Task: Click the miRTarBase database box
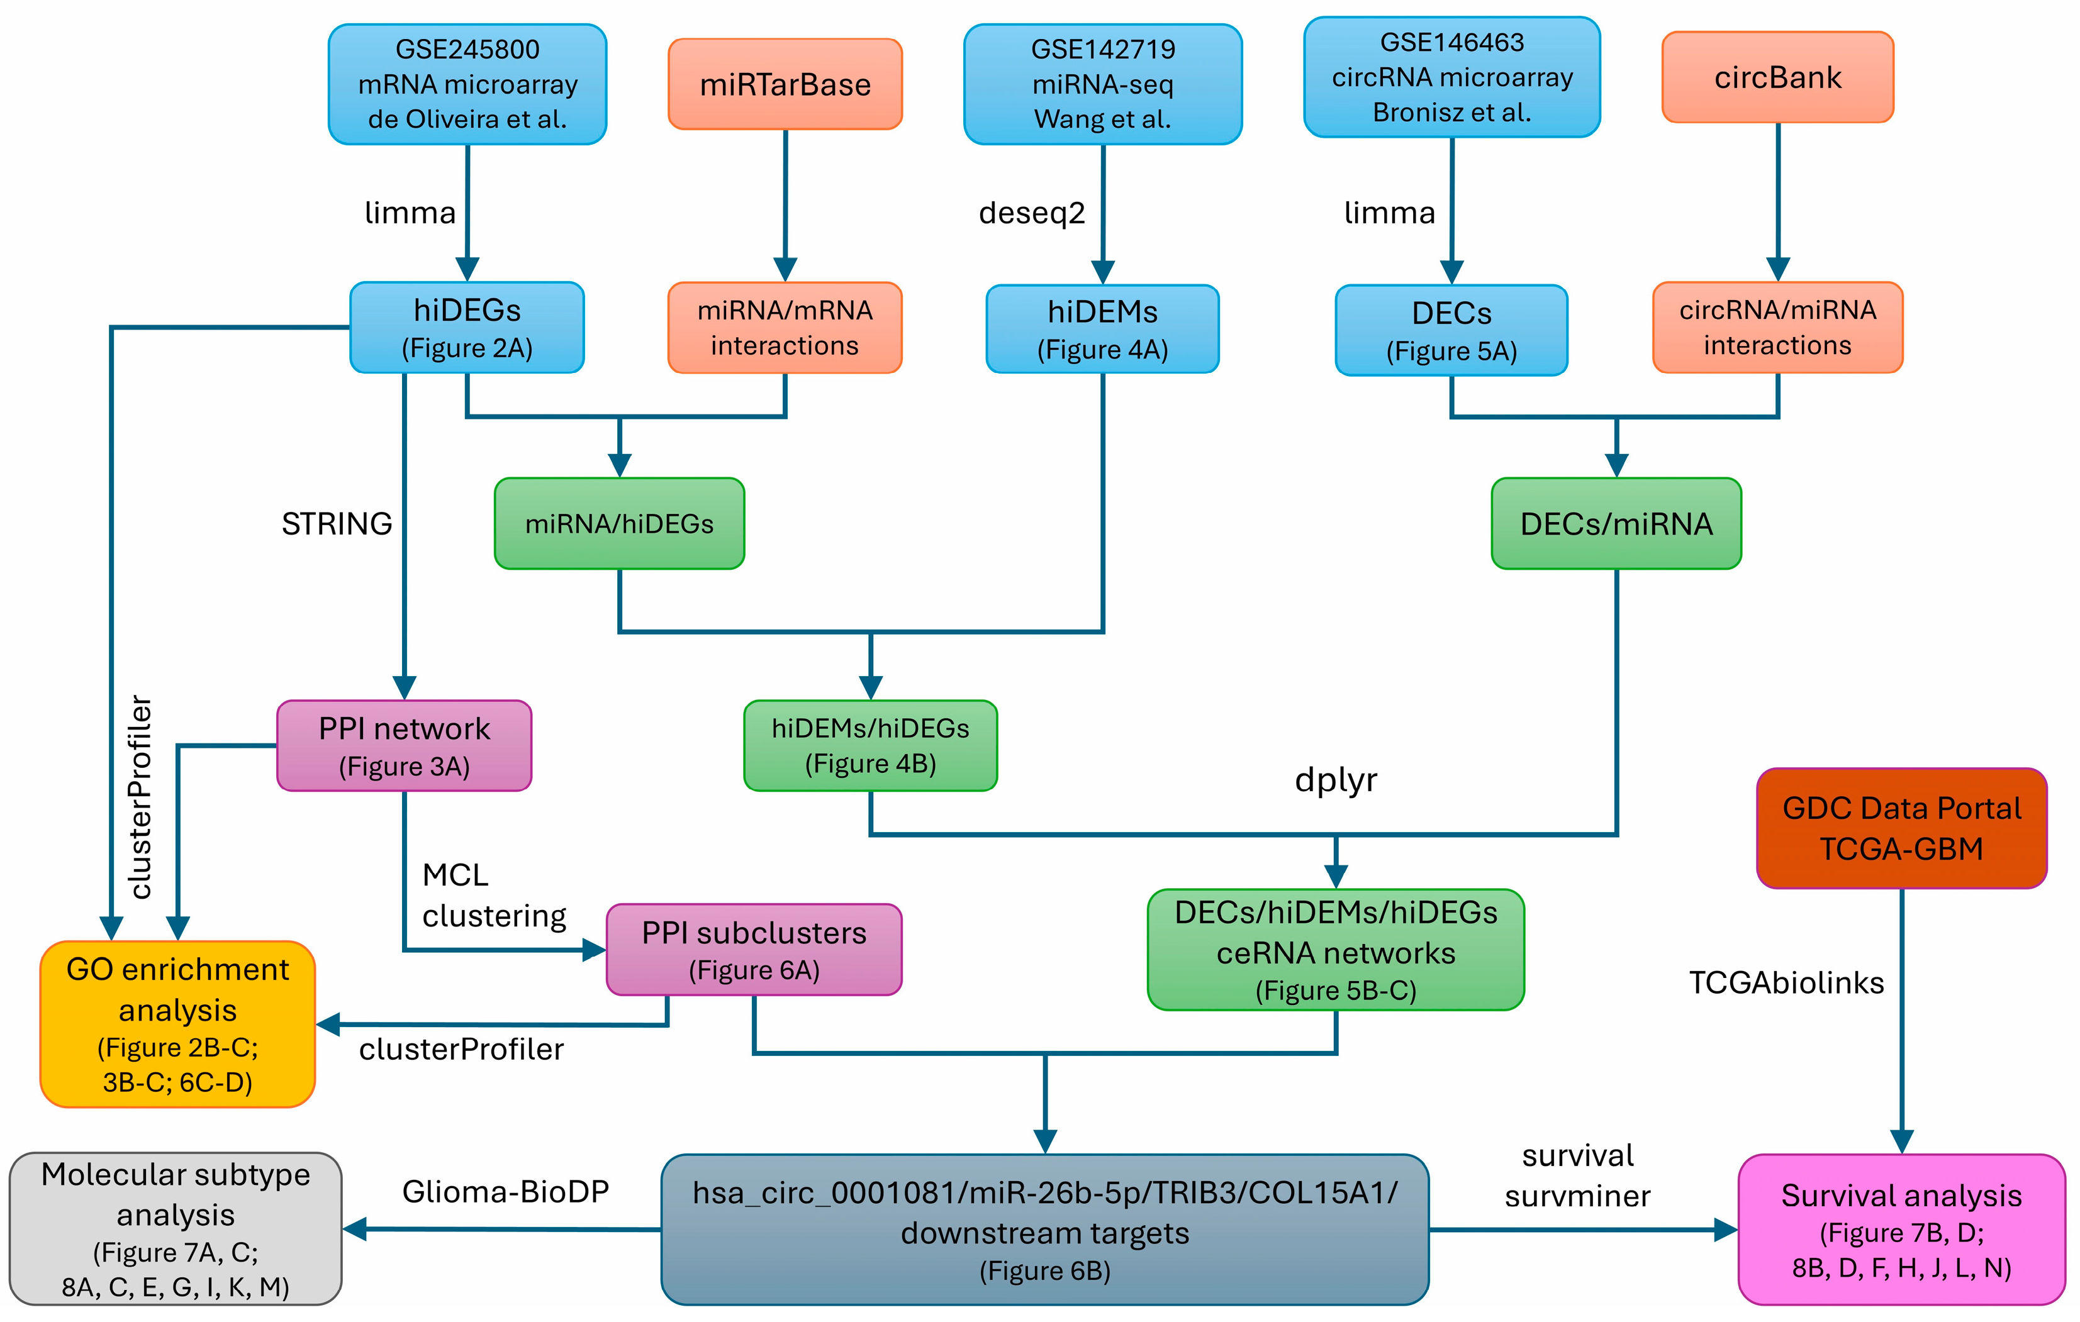[785, 84]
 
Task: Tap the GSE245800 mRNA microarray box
[467, 84]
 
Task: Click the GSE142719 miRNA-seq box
[1102, 84]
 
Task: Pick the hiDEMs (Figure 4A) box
[1102, 329]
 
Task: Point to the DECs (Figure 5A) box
[1451, 331]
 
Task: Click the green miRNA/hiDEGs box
[619, 523]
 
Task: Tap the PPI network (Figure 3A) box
[405, 745]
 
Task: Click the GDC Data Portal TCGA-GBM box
[1901, 828]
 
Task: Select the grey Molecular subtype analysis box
[176, 1228]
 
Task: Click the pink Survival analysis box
[1901, 1229]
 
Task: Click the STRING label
[337, 523]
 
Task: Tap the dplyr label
[1336, 780]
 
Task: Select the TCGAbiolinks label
[1786, 982]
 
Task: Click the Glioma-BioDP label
[505, 1192]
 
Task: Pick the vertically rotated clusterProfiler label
[140, 797]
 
